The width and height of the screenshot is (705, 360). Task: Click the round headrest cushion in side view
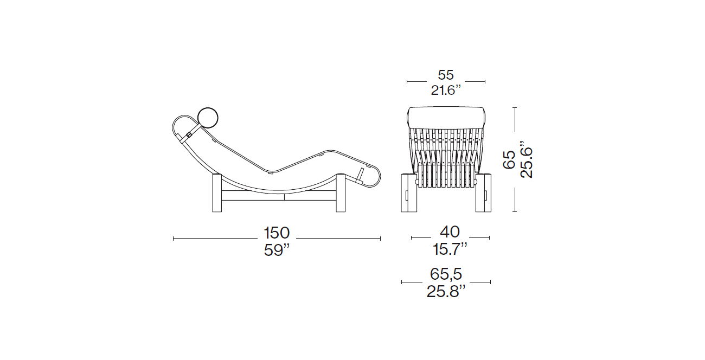208,118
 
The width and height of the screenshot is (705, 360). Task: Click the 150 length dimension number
277,233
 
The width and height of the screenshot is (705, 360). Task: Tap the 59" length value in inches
277,250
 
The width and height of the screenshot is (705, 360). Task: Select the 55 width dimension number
446,75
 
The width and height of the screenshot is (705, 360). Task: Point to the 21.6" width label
446,91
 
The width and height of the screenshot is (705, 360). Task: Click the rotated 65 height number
509,159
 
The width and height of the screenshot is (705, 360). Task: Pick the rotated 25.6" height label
526,159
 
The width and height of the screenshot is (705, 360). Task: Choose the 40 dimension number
450,232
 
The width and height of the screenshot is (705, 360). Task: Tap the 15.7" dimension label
450,249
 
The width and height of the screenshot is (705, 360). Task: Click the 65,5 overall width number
446,274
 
